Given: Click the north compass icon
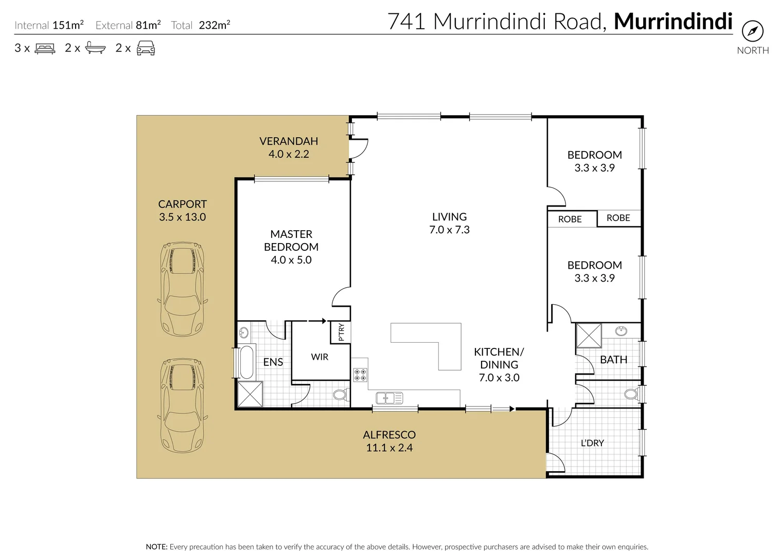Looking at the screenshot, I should click(752, 32).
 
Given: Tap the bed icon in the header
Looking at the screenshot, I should click(45, 49).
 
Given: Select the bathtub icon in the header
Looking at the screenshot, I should click(95, 48).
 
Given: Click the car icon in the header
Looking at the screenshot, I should click(146, 48).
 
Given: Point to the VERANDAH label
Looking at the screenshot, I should click(288, 141).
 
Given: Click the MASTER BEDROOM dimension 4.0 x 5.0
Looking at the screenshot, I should click(291, 260).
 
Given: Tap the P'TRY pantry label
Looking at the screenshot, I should click(341, 332).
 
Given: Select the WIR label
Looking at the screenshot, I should click(319, 357).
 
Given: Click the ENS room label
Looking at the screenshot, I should click(273, 362).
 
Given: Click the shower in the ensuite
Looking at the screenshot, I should click(250, 394).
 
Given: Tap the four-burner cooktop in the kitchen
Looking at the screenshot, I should click(360, 375).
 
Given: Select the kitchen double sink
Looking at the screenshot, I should click(389, 398).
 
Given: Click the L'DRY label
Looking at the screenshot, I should click(592, 443).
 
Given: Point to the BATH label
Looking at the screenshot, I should click(613, 360).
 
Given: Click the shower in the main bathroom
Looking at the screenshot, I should click(588, 336).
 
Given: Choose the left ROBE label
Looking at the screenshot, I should click(570, 219).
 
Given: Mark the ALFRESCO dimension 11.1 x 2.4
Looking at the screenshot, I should click(389, 448).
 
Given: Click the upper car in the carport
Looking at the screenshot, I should click(183, 289).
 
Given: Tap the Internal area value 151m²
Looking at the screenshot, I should click(68, 25).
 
